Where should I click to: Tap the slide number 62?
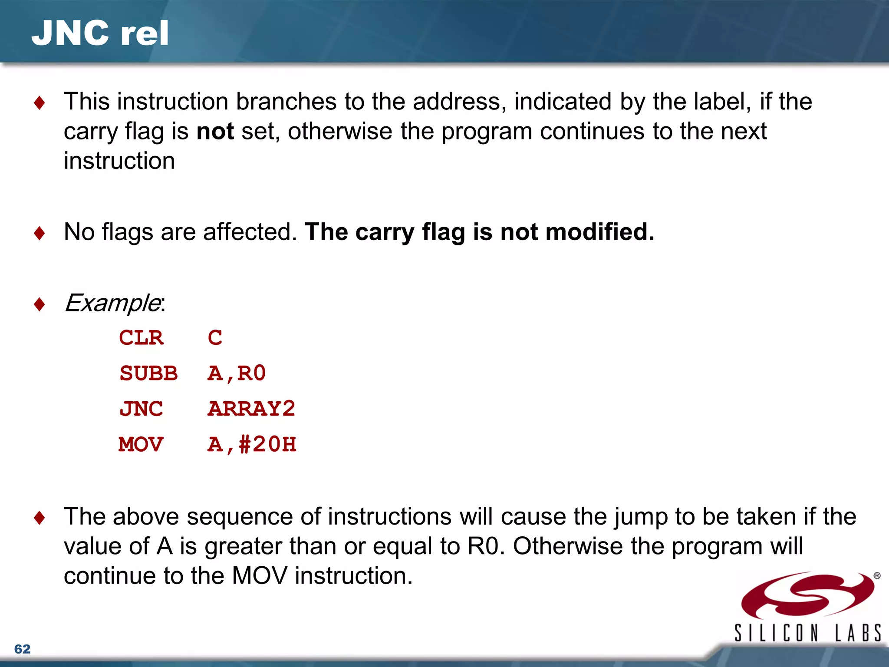22,649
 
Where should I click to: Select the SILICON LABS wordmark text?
807,633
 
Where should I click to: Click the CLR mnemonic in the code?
141,338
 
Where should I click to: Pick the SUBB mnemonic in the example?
148,373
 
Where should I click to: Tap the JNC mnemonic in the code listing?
141,409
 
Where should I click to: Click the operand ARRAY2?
251,409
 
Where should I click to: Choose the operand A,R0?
237,373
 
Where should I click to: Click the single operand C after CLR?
215,338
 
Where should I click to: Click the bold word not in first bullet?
215,131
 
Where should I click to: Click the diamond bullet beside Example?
40,304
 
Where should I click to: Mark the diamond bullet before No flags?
40,233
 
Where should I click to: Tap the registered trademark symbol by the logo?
877,576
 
